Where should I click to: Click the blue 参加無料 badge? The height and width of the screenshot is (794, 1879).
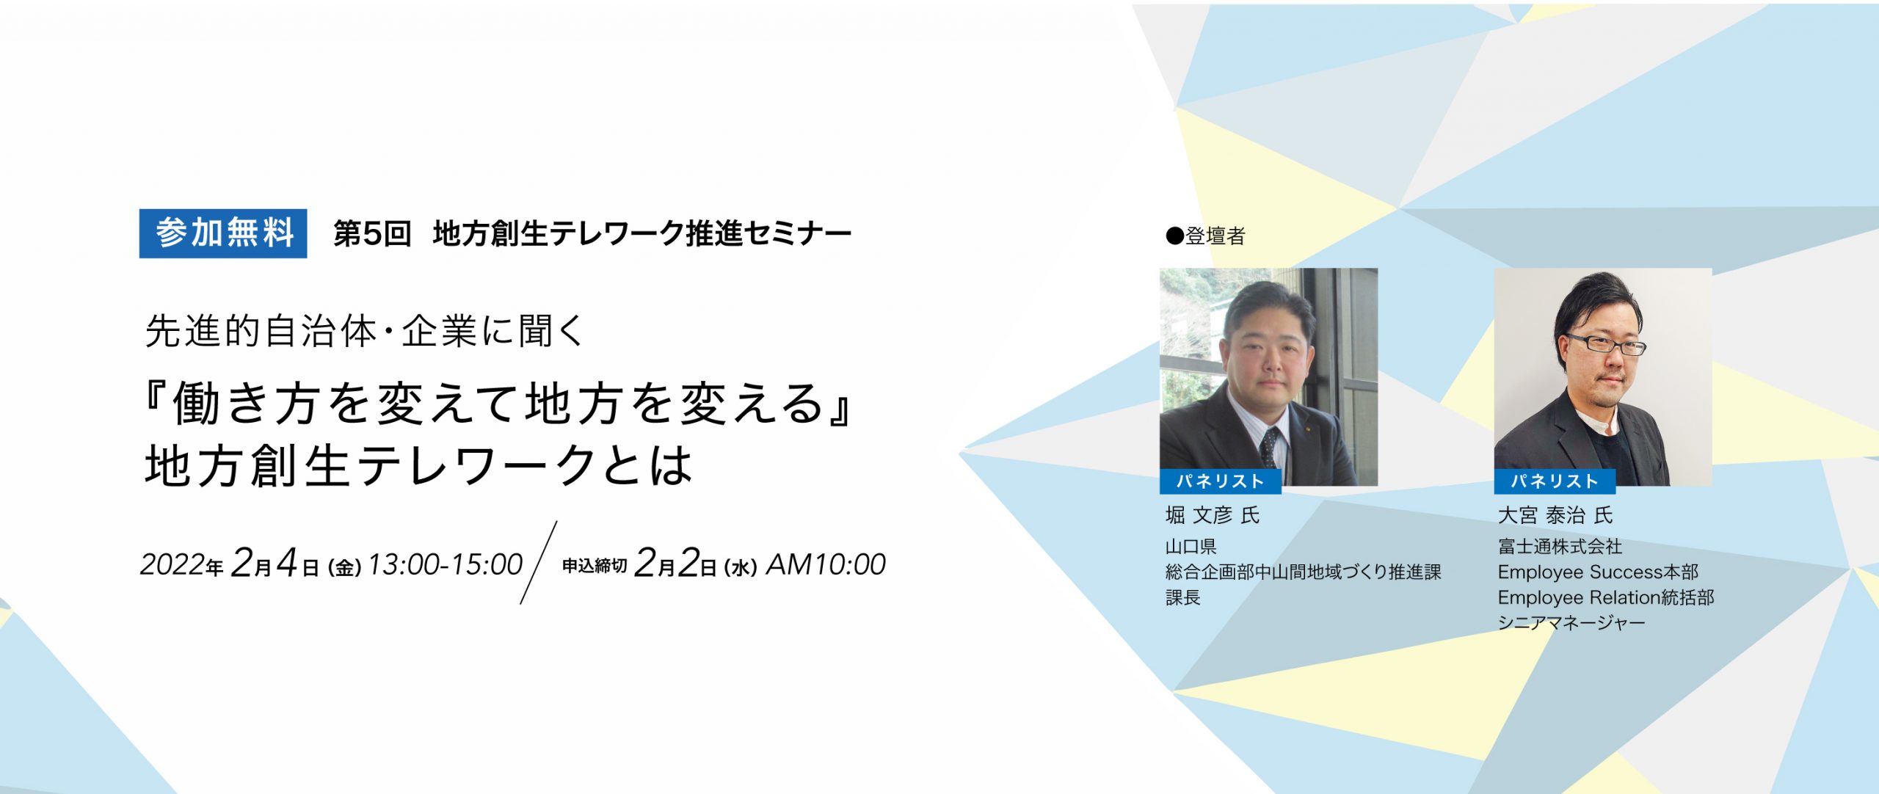[x=223, y=233]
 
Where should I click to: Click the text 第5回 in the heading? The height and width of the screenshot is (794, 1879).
[x=372, y=234]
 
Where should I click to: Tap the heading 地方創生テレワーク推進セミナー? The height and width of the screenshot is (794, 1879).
[x=642, y=234]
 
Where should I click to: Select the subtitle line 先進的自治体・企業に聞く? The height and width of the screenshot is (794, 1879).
[x=365, y=331]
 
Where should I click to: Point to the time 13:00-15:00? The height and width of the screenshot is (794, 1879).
[x=445, y=564]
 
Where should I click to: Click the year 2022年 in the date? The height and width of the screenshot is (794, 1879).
[x=182, y=565]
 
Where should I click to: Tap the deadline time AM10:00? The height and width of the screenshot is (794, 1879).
[x=826, y=564]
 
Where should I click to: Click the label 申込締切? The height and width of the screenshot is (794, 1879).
[x=595, y=566]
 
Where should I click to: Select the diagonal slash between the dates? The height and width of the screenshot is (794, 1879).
[x=539, y=563]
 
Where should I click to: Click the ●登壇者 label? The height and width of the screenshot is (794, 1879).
[x=1206, y=236]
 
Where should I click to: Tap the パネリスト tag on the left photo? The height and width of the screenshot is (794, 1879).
[x=1220, y=481]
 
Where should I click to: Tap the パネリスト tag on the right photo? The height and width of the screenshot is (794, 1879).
[x=1555, y=481]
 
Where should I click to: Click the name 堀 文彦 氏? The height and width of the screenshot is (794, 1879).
[x=1213, y=515]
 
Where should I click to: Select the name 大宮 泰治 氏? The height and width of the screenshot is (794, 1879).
[x=1555, y=515]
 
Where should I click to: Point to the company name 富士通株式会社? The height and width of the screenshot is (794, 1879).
[x=1560, y=547]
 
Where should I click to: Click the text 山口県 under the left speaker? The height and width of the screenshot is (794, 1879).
[x=1191, y=547]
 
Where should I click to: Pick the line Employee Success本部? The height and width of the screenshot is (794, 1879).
[x=1598, y=572]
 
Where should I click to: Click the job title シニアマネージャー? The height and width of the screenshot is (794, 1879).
[x=1571, y=623]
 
